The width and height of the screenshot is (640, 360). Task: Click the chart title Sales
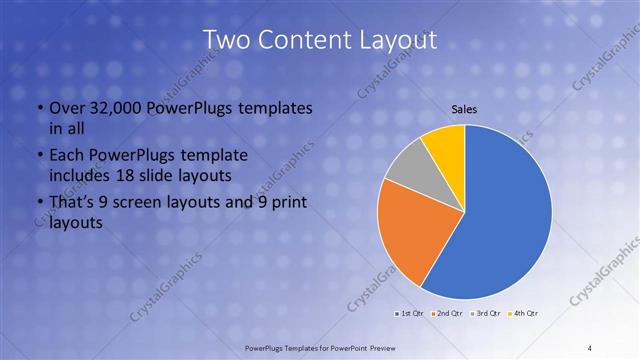[465, 109]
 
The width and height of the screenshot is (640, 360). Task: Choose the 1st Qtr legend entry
[409, 315]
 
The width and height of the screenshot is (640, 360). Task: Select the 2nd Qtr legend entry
[447, 315]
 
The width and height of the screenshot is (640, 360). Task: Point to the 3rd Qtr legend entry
[486, 315]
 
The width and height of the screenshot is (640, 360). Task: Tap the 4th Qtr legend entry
[525, 315]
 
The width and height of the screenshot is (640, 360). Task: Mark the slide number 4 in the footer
[590, 346]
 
